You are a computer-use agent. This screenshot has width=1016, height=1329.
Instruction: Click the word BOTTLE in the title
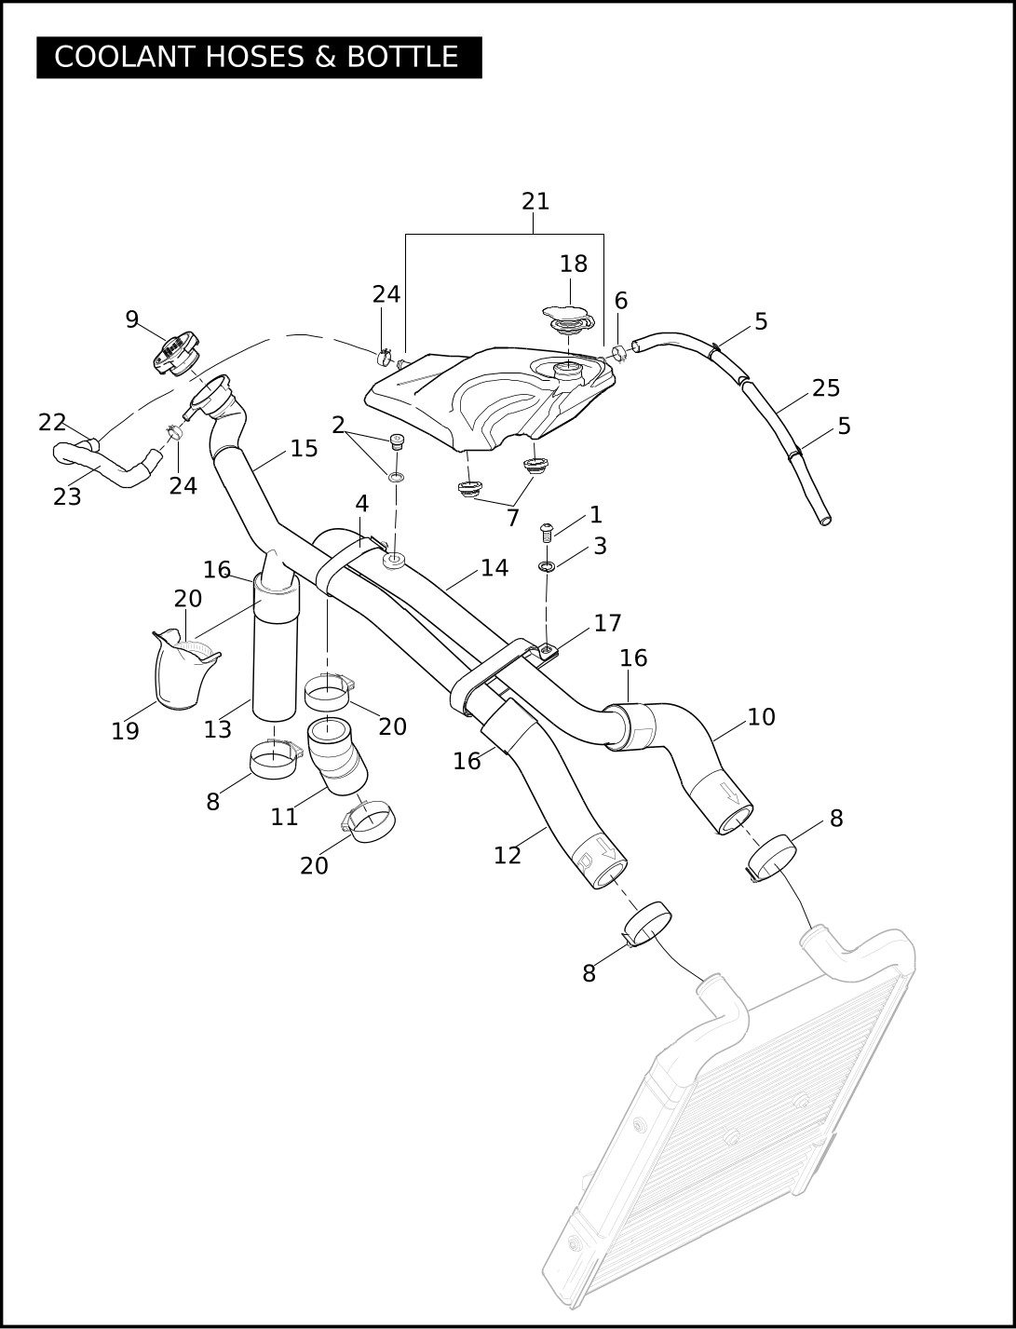(402, 57)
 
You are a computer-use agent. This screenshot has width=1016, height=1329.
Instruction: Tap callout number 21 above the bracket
(535, 201)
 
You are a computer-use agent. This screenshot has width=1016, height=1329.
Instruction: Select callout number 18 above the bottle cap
(573, 264)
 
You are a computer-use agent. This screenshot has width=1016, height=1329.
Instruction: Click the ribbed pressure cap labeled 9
(174, 354)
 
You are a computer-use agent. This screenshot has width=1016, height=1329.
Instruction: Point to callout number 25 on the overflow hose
(825, 388)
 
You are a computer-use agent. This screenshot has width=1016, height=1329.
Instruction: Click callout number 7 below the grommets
(512, 518)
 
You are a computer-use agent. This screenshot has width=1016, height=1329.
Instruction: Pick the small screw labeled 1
(547, 532)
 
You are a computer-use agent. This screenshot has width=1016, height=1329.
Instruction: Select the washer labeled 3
(547, 567)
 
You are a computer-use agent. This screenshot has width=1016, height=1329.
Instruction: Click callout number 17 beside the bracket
(607, 622)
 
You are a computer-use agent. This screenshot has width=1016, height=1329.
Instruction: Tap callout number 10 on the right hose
(761, 717)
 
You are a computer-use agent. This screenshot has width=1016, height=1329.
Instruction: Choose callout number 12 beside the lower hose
(507, 856)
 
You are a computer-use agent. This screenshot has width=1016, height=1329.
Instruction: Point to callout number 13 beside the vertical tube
(217, 729)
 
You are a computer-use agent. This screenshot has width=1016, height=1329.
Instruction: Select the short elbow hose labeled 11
(337, 755)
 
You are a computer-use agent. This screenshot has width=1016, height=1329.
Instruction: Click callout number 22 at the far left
(52, 423)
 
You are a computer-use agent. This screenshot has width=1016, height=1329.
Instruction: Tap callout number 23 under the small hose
(67, 497)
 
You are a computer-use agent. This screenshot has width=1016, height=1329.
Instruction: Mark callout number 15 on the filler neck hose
(304, 449)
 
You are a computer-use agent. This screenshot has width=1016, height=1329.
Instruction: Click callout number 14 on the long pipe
(494, 568)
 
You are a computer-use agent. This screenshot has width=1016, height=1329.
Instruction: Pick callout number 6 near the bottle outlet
(620, 301)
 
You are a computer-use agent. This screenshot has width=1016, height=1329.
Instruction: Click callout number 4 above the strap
(361, 503)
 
